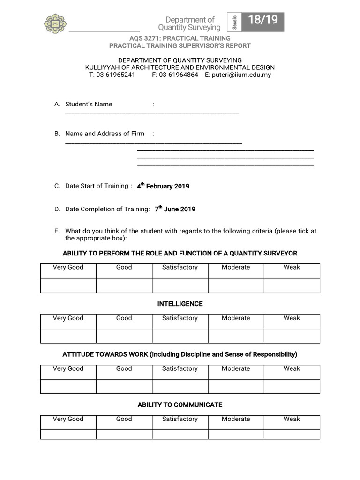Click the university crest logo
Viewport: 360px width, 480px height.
click(x=55, y=23)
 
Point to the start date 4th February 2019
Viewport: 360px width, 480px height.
click(x=163, y=186)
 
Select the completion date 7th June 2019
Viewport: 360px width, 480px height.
click(x=175, y=209)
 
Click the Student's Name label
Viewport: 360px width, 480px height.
click(x=89, y=104)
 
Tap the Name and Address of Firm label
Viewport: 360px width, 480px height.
click(x=105, y=134)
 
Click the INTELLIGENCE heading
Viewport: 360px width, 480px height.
click(x=180, y=304)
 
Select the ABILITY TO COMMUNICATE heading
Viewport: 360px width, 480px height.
click(x=180, y=405)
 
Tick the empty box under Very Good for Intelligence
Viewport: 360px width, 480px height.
click(x=68, y=336)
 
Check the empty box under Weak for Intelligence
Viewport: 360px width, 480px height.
click(x=292, y=336)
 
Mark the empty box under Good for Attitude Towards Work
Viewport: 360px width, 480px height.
click(x=124, y=386)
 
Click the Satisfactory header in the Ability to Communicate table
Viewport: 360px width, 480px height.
click(x=180, y=419)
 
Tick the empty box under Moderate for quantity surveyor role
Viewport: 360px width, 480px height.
click(x=236, y=285)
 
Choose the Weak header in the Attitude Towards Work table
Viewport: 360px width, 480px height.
click(x=292, y=368)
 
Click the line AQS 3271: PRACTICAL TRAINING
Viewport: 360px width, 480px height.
click(x=180, y=38)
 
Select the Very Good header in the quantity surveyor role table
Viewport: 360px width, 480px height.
click(x=68, y=267)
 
